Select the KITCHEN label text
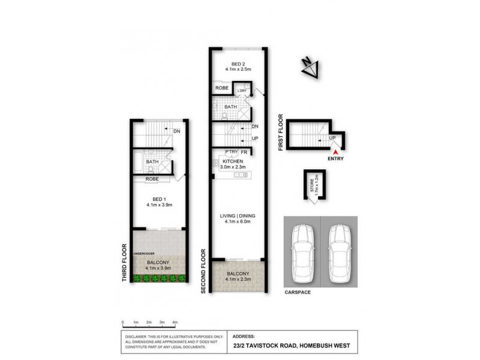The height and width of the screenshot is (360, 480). (x=232, y=162)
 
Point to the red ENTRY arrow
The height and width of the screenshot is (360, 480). (x=335, y=153)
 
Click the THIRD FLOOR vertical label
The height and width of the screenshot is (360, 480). (x=125, y=263)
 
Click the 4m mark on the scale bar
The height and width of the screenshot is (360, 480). (x=175, y=323)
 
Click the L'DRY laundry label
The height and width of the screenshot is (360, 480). (x=242, y=91)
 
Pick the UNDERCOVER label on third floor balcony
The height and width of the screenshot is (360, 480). (x=145, y=254)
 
